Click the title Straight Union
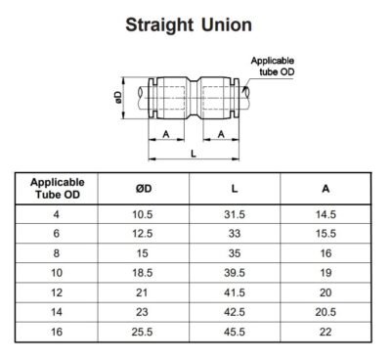pyautogui.click(x=195, y=23)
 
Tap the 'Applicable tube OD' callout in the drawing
pyautogui.click(x=271, y=67)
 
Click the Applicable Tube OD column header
pyautogui.click(x=57, y=189)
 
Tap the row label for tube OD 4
pyautogui.click(x=57, y=213)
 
